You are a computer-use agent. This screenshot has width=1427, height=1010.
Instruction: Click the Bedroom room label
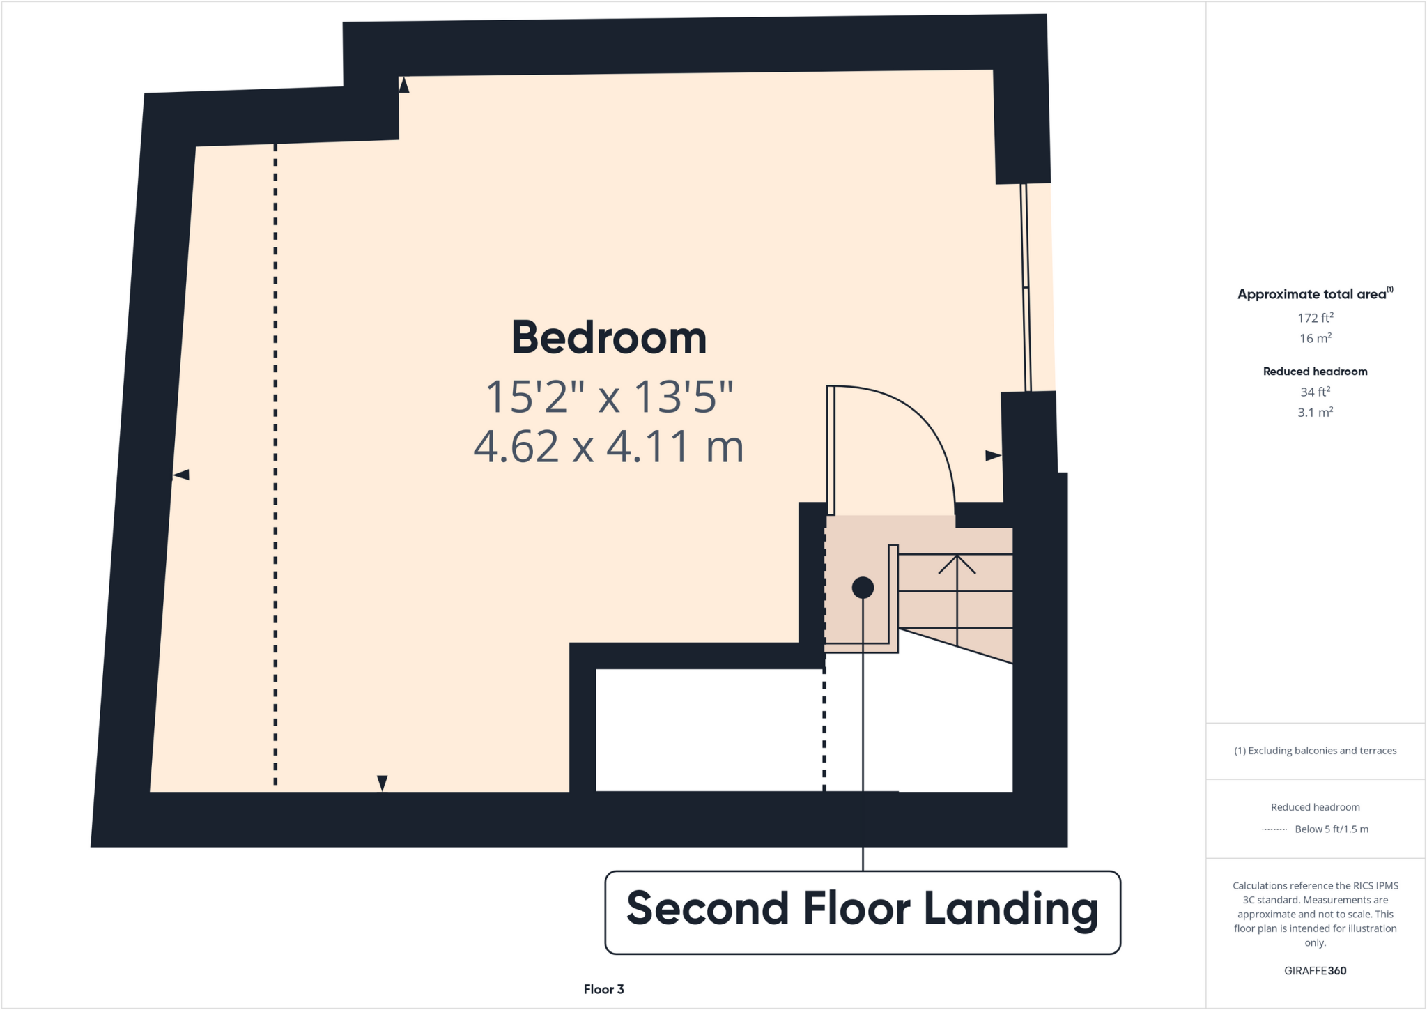pyautogui.click(x=609, y=338)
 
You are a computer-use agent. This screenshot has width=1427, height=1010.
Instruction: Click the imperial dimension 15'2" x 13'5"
pyautogui.click(x=609, y=397)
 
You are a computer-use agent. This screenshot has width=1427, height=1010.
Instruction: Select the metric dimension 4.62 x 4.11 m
pyautogui.click(x=609, y=447)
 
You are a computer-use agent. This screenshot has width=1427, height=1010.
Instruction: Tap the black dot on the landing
pyautogui.click(x=863, y=588)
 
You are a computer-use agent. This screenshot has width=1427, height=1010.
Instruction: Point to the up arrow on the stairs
pyautogui.click(x=957, y=565)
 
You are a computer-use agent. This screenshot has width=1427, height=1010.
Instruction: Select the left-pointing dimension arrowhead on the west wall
pyautogui.click(x=181, y=475)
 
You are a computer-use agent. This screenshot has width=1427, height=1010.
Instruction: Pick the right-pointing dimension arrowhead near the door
pyautogui.click(x=993, y=456)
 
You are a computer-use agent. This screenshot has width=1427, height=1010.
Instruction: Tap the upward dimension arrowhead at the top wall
pyautogui.click(x=403, y=85)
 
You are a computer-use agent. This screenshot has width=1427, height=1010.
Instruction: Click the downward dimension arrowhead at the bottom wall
pyautogui.click(x=382, y=783)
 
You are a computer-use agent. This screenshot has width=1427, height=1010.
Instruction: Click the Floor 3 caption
pyautogui.click(x=603, y=989)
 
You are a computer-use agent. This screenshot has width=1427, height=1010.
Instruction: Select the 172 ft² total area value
pyautogui.click(x=1315, y=318)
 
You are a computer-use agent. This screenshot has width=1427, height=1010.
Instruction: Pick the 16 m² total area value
pyautogui.click(x=1315, y=338)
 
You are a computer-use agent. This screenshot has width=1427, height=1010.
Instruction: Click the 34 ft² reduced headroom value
pyautogui.click(x=1315, y=392)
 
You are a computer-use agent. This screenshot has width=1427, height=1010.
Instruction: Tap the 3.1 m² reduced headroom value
pyautogui.click(x=1315, y=412)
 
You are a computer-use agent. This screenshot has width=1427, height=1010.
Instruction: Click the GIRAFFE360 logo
pyautogui.click(x=1315, y=970)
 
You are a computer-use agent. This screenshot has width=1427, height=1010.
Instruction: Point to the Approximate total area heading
pyautogui.click(x=1313, y=294)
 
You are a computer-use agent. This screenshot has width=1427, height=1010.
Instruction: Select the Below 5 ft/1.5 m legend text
pyautogui.click(x=1331, y=829)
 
